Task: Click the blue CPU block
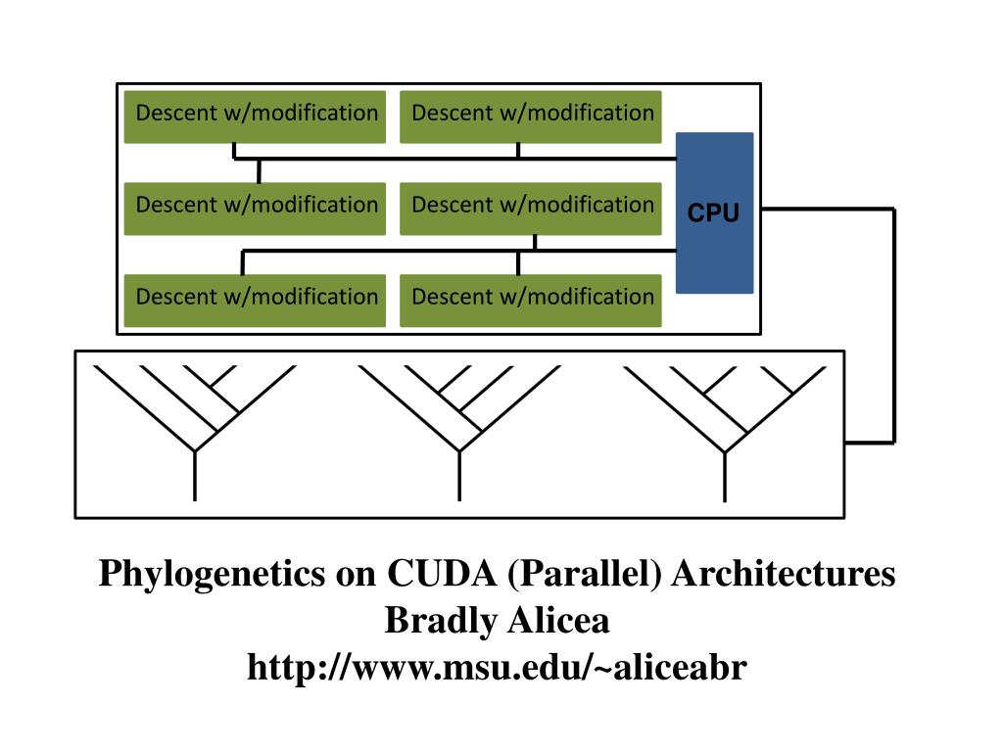[x=714, y=212]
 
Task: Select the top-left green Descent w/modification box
[x=255, y=117]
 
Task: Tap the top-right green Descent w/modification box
[x=530, y=117]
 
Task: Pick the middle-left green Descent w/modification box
[x=255, y=210]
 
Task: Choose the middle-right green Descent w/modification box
[x=530, y=210]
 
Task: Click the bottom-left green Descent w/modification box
[x=255, y=301]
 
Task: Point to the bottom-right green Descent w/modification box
[x=530, y=301]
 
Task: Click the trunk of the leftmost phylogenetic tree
[x=195, y=476]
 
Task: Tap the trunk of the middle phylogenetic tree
[x=459, y=476]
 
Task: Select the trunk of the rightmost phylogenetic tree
[x=725, y=477]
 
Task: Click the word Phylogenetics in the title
[x=213, y=574]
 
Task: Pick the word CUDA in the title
[x=442, y=572]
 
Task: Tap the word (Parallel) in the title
[x=584, y=574]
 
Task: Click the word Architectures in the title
[x=784, y=572]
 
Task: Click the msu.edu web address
[x=497, y=667]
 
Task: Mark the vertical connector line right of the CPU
[x=893, y=325]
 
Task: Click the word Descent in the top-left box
[x=176, y=114]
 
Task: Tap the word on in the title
[x=357, y=576]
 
